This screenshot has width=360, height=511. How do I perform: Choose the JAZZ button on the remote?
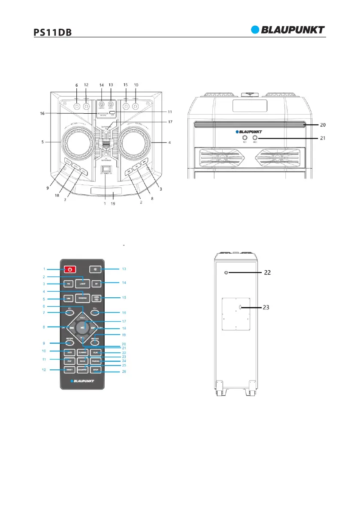(69, 352)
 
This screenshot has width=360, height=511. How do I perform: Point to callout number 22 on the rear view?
(267, 272)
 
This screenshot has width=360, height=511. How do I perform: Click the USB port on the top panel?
(112, 113)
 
